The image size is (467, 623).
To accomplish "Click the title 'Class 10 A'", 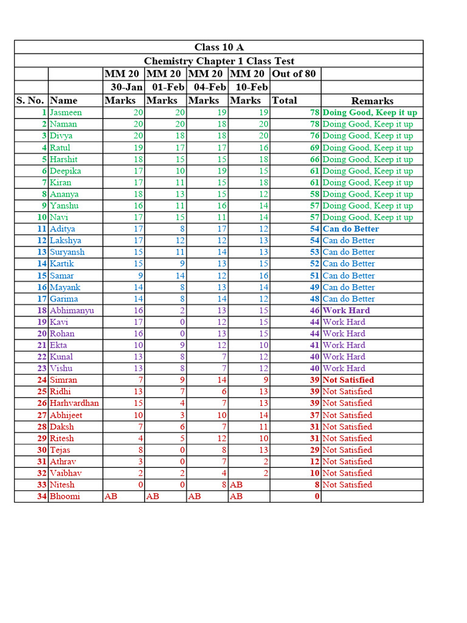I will tap(219, 47).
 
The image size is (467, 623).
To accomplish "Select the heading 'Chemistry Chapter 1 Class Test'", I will tap(219, 61).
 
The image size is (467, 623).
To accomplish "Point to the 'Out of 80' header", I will tap(294, 74).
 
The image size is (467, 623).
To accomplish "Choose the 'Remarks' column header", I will tap(372, 101).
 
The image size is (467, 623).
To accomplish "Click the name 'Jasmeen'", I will tap(66, 113).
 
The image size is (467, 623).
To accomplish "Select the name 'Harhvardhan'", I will tap(74, 403).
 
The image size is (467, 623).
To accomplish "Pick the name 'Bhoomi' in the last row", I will tap(64, 496).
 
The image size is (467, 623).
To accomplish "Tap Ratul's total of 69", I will tap(314, 148).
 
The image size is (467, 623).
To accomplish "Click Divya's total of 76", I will tap(314, 136).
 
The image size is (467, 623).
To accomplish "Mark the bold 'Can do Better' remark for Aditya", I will tap(350, 229).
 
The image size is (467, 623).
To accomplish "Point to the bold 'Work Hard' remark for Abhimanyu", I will tap(346, 310).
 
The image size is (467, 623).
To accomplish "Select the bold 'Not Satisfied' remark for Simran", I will tap(348, 380).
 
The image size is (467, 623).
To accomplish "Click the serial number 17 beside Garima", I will tap(42, 299).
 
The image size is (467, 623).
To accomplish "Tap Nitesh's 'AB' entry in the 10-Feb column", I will tap(236, 485).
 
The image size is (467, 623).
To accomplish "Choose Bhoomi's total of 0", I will tap(317, 496).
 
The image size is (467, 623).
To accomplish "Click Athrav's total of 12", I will tap(314, 462).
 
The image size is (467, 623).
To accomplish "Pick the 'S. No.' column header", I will tap(30, 100).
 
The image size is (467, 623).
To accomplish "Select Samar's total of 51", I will tap(314, 276).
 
